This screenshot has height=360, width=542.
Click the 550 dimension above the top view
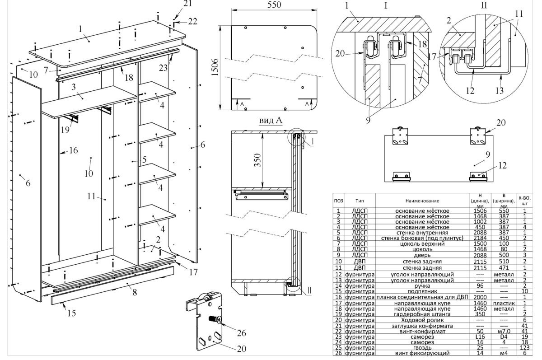[x=274, y=5]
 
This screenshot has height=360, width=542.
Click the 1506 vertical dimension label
[x=215, y=67]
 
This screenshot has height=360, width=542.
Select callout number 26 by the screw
[x=242, y=334]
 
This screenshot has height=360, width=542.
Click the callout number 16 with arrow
[x=74, y=150]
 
